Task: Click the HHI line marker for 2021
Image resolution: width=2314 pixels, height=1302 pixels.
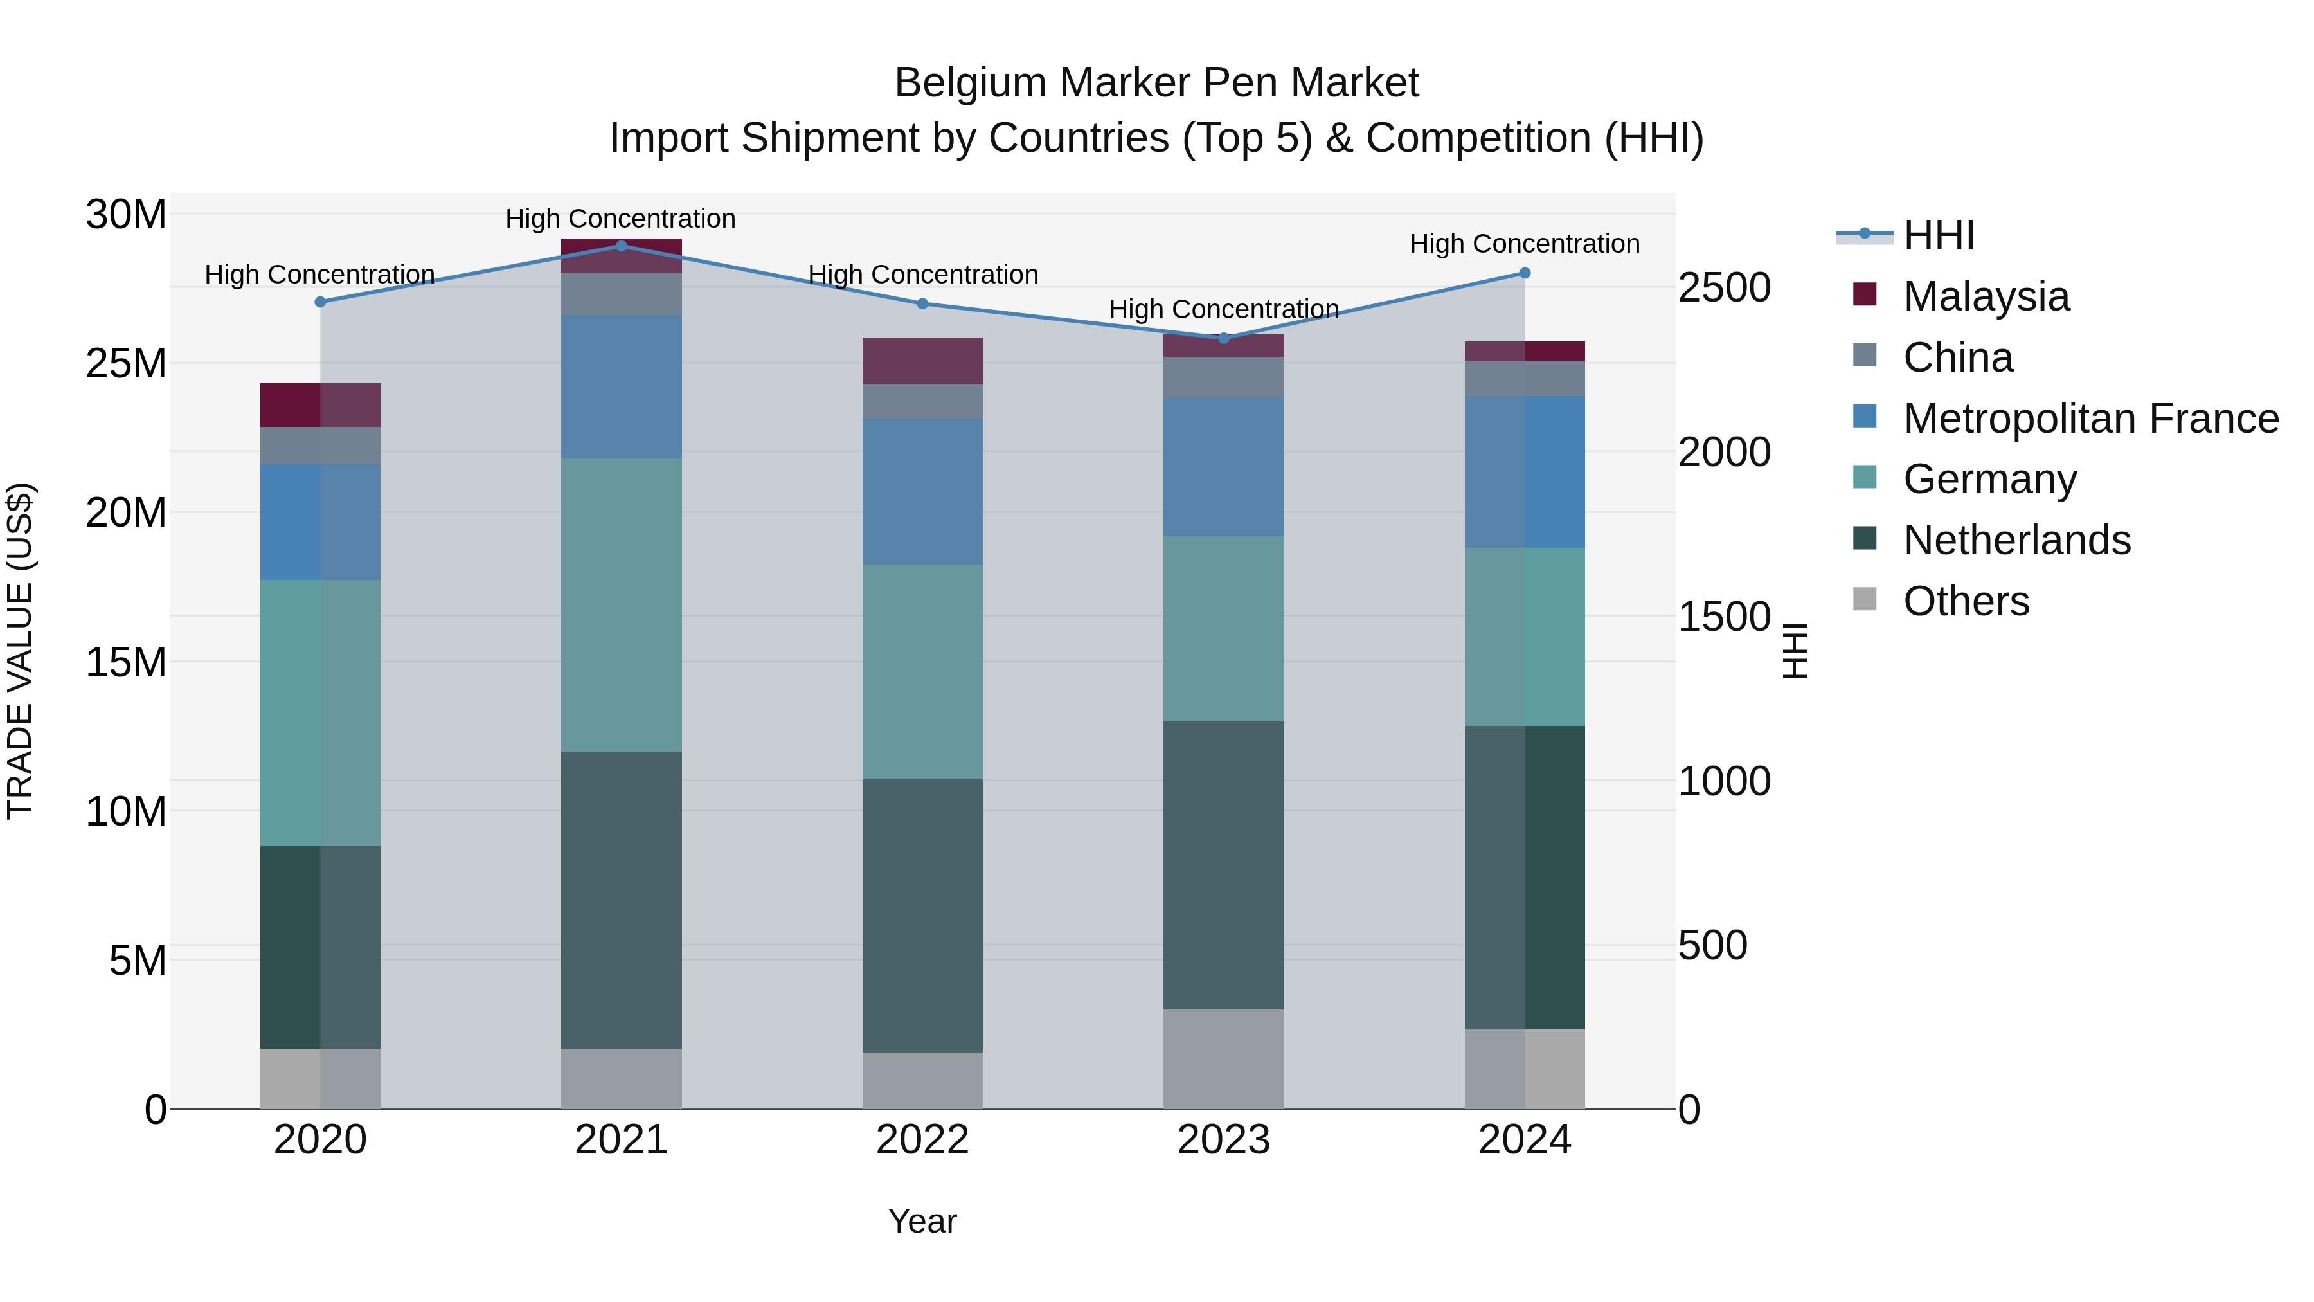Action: pos(621,246)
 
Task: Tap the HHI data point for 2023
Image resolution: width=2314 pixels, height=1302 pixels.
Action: pos(1223,338)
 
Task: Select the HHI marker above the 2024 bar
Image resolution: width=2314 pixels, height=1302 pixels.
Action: pos(1525,273)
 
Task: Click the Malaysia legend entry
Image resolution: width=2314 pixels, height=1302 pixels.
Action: pos(1986,296)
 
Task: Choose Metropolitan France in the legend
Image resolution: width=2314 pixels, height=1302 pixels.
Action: pos(2090,419)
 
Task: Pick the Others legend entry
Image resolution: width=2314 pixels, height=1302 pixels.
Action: pos(1966,601)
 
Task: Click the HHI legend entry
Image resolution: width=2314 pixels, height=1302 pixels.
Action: pos(1939,235)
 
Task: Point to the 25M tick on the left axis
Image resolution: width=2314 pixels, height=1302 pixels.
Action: pos(126,364)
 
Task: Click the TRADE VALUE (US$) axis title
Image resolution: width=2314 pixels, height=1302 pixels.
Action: pos(20,651)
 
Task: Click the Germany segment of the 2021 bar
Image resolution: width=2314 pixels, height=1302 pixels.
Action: pos(621,605)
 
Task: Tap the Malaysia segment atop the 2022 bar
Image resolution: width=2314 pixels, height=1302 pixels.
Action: pos(922,360)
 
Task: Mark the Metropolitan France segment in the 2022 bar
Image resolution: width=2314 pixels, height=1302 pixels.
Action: pos(922,491)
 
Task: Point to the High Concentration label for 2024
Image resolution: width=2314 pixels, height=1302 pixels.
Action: pos(1525,244)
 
